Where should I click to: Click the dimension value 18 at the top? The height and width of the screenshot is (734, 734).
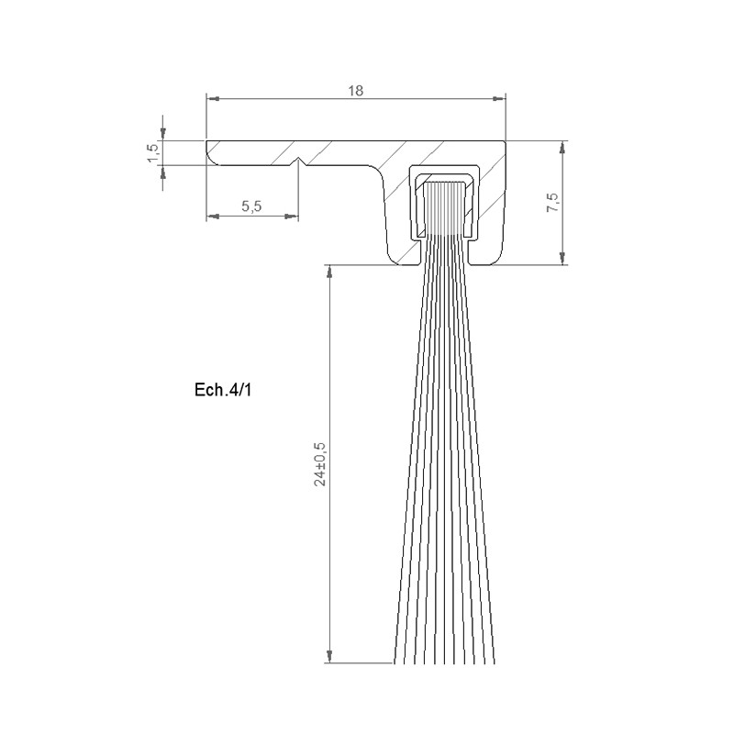click(x=356, y=90)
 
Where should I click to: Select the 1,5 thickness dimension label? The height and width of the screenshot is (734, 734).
click(x=153, y=153)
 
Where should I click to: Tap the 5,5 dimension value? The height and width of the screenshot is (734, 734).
click(x=252, y=206)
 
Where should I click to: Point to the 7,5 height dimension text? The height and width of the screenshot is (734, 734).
click(x=551, y=204)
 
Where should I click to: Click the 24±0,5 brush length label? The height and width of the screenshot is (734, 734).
click(x=320, y=463)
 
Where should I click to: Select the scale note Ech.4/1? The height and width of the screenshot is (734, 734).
click(x=223, y=391)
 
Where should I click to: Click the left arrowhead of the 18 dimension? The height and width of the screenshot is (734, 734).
click(x=211, y=97)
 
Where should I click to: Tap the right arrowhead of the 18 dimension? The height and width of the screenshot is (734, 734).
click(x=500, y=97)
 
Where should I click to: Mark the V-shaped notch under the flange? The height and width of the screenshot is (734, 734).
click(x=298, y=162)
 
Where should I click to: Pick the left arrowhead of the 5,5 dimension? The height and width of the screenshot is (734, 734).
click(x=211, y=217)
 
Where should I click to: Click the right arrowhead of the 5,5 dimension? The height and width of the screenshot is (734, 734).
click(x=293, y=217)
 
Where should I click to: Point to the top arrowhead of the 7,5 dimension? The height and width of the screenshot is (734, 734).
click(x=562, y=146)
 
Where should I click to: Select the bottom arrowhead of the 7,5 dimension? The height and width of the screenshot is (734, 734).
click(x=562, y=260)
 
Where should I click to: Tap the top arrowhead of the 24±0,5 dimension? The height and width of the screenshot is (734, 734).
click(x=327, y=271)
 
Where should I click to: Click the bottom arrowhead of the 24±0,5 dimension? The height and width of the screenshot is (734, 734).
click(x=327, y=657)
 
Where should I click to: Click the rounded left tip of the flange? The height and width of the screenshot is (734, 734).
click(x=209, y=154)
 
